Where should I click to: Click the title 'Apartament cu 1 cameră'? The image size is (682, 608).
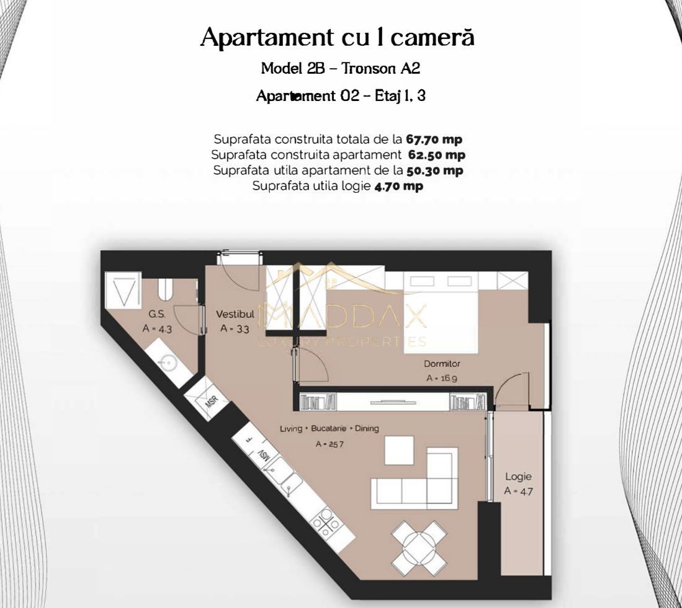(338, 38)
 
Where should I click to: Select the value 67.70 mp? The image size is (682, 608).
(434, 139)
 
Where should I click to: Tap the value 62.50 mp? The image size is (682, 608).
(436, 154)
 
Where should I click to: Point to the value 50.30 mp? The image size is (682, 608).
(435, 170)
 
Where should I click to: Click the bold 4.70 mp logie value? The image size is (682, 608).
(398, 185)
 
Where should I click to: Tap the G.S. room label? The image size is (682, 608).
(156, 314)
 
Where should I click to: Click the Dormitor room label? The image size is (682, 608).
(442, 364)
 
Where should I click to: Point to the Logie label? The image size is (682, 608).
(518, 477)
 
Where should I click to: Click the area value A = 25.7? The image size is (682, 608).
(329, 444)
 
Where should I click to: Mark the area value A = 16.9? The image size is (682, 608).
(442, 378)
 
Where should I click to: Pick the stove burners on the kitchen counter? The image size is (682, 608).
(326, 522)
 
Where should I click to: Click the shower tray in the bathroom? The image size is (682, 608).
(127, 291)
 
